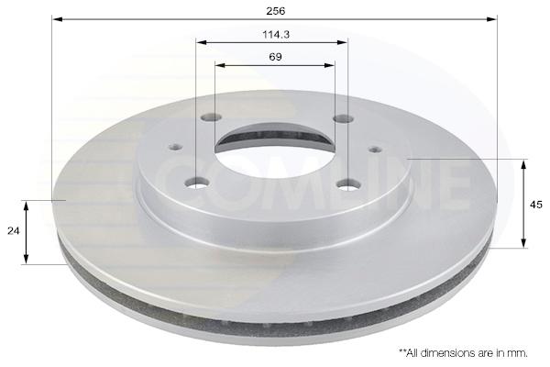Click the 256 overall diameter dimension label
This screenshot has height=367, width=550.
pos(276,11)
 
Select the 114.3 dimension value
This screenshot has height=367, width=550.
pos(276,35)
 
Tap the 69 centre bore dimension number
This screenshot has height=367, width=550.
pos(275,57)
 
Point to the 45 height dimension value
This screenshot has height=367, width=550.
pos(536,205)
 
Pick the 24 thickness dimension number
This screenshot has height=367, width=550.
pos(14,230)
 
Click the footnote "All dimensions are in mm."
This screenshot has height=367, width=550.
pos(466,352)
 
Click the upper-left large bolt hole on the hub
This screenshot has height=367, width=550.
pos(212,117)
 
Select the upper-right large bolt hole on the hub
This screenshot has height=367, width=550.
pos(343,119)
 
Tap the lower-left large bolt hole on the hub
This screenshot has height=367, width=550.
pos(197,183)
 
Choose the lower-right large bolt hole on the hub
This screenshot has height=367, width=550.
pos(348,184)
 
